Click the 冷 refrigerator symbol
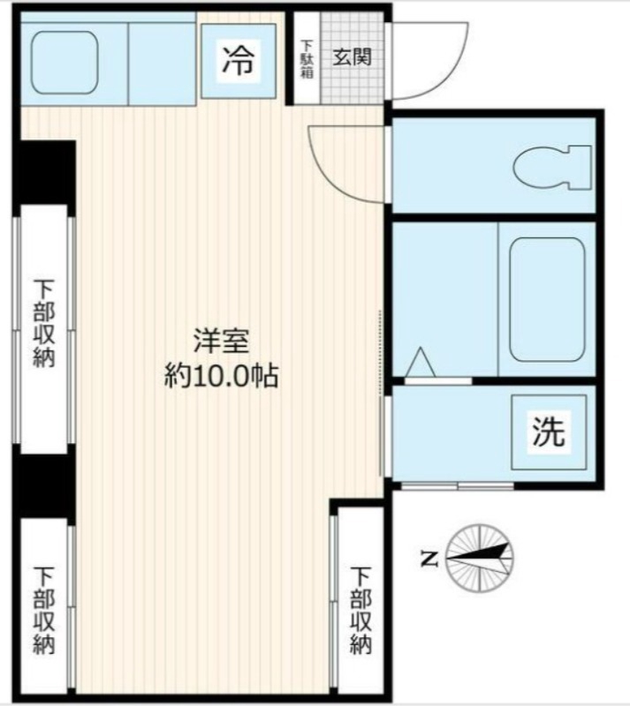pos(237,61)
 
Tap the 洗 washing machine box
pos(549,432)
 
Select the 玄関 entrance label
pos(352,57)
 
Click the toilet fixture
pos(551,165)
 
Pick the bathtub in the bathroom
pos(547,299)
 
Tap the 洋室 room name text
pos(221,340)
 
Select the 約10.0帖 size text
pos(221,377)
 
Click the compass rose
pos(480,557)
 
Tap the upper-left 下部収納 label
pos(44,322)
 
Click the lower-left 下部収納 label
pos(44,610)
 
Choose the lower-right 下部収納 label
pos(359,610)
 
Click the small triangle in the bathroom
pos(420,363)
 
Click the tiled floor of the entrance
pos(353,84)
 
